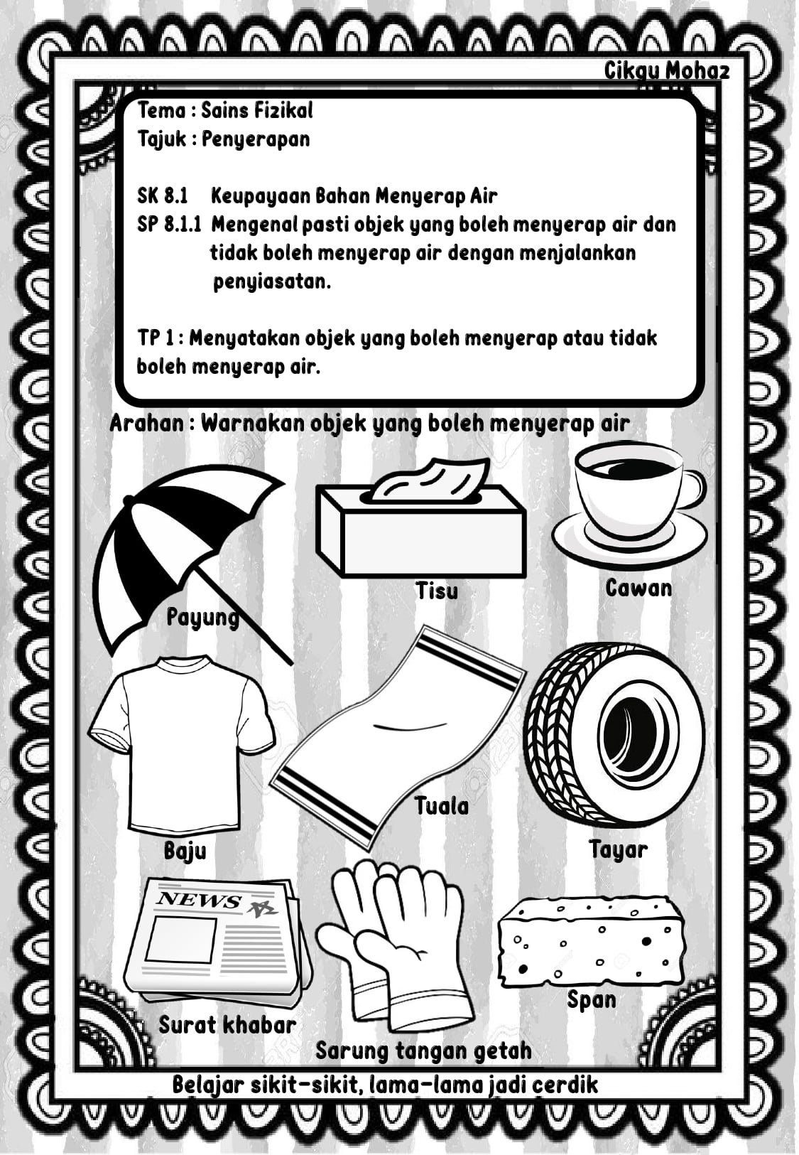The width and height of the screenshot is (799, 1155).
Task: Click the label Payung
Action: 203,617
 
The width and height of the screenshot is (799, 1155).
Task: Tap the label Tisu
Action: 437,591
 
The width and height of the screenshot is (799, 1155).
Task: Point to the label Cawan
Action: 638,588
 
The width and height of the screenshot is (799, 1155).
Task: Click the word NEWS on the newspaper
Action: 199,901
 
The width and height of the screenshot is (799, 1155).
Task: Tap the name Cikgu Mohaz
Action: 667,72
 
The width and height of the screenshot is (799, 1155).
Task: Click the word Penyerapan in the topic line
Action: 256,139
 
